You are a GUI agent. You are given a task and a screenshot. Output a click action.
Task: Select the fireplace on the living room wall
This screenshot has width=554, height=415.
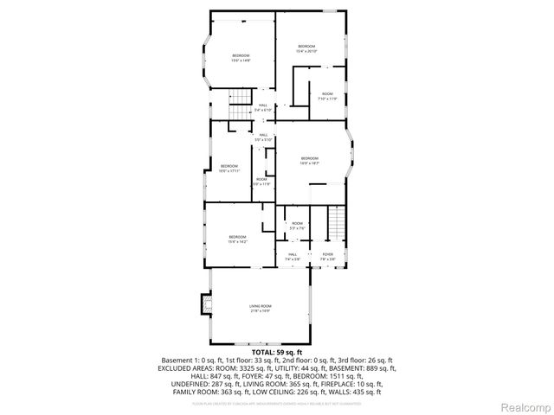pyautogui.click(x=206, y=303)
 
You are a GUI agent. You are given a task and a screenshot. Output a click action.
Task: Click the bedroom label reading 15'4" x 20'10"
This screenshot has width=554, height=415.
pyautogui.click(x=307, y=48)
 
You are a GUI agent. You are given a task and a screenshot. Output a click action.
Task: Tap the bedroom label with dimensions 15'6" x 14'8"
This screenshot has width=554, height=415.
pyautogui.click(x=240, y=58)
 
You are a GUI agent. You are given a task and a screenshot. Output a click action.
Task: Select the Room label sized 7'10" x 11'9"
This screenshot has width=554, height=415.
pyautogui.click(x=327, y=96)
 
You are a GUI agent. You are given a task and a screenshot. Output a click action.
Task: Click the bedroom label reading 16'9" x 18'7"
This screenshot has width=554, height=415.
pyautogui.click(x=310, y=160)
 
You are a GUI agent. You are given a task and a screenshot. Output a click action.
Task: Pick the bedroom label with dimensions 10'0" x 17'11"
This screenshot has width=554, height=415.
pyautogui.click(x=229, y=168)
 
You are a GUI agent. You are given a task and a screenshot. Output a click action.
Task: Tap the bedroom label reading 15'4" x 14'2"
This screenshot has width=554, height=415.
pyautogui.click(x=237, y=239)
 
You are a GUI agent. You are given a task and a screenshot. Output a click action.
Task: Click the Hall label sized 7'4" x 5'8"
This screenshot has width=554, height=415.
pyautogui.click(x=293, y=256)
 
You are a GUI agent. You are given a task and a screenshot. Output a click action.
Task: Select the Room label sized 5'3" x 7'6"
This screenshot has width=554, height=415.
pyautogui.click(x=297, y=226)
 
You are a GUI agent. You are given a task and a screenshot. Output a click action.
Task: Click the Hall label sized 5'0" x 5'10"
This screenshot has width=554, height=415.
pyautogui.click(x=263, y=137)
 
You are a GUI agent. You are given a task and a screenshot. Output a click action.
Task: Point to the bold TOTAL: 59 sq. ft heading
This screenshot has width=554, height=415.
pyautogui.click(x=277, y=353)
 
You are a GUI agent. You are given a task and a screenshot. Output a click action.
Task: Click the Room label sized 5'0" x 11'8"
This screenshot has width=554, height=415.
pyautogui.click(x=261, y=182)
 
